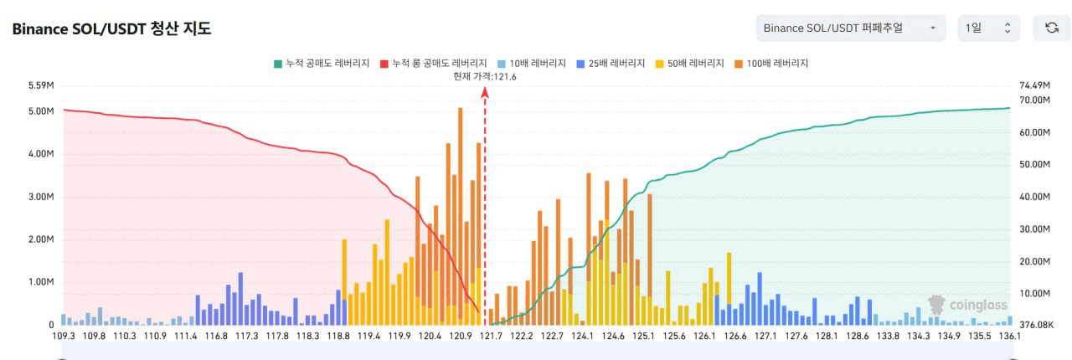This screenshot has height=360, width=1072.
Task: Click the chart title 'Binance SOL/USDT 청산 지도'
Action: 111,28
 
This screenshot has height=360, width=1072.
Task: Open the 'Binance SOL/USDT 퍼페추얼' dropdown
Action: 850,28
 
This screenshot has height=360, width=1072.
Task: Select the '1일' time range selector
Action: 989,28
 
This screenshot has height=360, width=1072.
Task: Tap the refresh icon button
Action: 1052,28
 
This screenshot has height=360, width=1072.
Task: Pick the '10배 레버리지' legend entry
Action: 531,63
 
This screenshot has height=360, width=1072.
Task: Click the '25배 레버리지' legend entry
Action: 611,63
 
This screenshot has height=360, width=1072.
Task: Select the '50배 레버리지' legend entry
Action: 690,63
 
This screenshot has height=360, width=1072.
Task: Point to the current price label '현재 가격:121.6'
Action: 484,76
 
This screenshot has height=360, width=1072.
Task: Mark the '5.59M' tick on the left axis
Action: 41,85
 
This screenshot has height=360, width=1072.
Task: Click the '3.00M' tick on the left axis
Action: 41,197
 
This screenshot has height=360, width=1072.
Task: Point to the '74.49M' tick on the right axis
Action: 1034,85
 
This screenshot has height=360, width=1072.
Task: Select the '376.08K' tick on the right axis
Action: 1036,325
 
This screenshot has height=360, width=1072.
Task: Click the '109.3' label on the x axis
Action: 64,337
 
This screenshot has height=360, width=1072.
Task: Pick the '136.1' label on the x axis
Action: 1010,337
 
